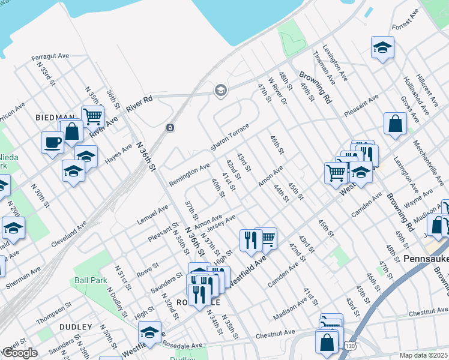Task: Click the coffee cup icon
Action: tap(52, 143)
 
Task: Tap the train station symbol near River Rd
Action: tap(170, 127)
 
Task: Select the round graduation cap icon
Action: tap(220, 91)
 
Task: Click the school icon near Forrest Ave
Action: tap(382, 47)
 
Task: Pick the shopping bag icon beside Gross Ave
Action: tap(396, 124)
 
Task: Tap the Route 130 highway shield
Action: tap(349, 346)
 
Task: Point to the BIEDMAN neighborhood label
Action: tap(55, 118)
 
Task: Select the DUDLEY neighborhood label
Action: tap(76, 327)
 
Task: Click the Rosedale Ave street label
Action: tap(185, 346)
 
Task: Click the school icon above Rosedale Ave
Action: tap(149, 332)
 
